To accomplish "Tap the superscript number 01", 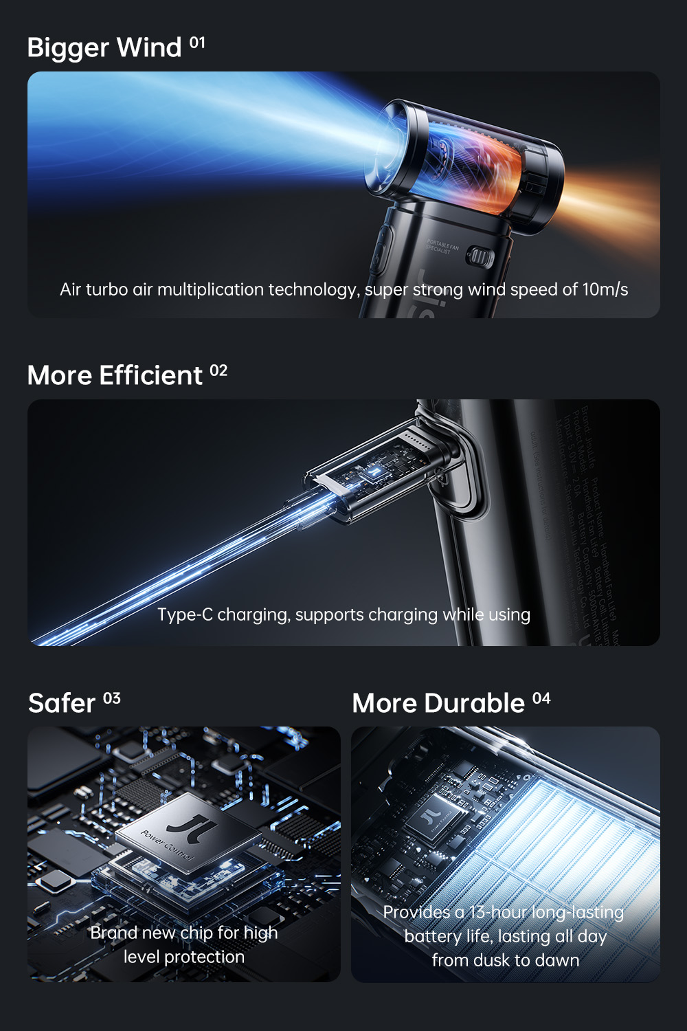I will [x=197, y=43].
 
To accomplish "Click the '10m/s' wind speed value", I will [x=605, y=289].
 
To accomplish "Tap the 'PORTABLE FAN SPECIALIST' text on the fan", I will [x=442, y=247].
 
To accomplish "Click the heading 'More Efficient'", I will [x=115, y=376].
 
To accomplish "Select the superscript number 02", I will [x=218, y=371].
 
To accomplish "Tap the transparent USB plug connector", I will [x=371, y=474].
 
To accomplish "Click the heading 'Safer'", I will [x=62, y=704].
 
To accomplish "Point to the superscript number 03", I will [x=112, y=699].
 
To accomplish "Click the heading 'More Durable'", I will [x=438, y=704].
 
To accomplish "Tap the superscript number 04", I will [x=541, y=699].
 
